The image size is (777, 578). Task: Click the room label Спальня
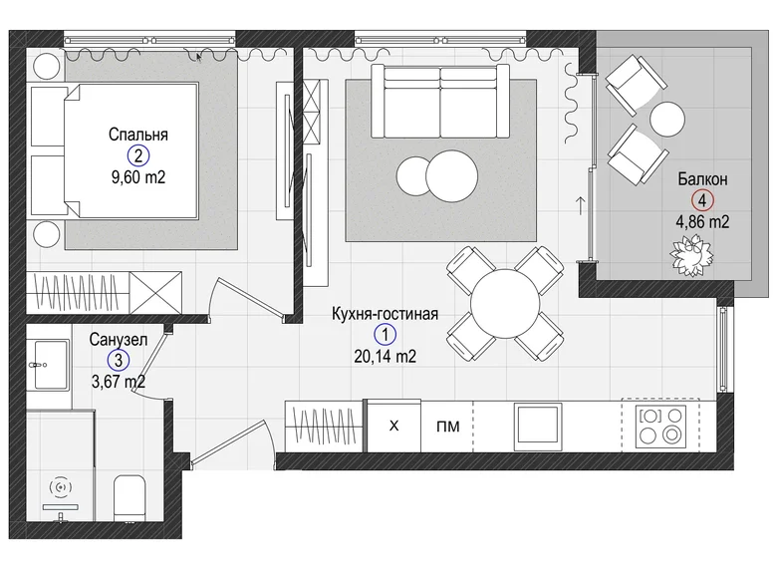click(x=138, y=135)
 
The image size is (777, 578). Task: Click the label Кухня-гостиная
click(x=386, y=314)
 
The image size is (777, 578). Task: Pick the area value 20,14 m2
click(x=385, y=355)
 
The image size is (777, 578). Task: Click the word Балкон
click(x=702, y=179)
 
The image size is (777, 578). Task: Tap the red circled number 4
click(x=702, y=199)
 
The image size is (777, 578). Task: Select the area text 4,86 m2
click(x=702, y=221)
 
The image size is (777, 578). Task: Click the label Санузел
click(x=118, y=339)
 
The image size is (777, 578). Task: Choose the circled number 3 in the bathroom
click(x=118, y=360)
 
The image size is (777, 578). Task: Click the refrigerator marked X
click(x=393, y=427)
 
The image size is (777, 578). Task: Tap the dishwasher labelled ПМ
click(x=447, y=427)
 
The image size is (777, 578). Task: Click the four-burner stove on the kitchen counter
click(x=663, y=426)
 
